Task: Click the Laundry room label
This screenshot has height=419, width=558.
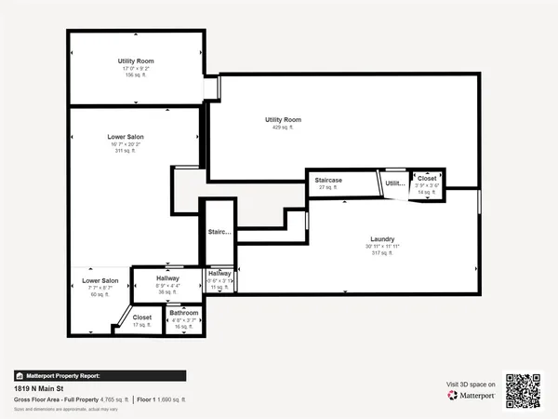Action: tap(382, 239)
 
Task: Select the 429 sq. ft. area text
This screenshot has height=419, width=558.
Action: tap(283, 128)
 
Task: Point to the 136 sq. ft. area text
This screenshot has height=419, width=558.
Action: tap(135, 75)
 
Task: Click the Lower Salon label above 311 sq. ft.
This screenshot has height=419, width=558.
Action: tap(126, 137)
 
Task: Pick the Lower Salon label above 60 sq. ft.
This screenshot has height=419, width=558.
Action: tap(100, 280)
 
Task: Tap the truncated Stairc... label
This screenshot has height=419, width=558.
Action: tap(219, 232)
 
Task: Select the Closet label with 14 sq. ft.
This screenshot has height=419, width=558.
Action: tap(426, 178)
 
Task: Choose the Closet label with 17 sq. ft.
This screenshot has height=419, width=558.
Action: tap(141, 318)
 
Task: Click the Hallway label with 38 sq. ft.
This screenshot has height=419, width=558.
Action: tap(168, 278)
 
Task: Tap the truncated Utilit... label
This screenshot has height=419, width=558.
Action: tap(394, 183)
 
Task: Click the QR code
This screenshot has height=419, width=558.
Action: tap(522, 390)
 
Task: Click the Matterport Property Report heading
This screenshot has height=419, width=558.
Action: tap(60, 376)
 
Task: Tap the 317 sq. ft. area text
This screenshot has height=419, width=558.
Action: tap(382, 252)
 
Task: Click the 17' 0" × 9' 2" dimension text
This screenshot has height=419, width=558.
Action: tap(135, 68)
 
